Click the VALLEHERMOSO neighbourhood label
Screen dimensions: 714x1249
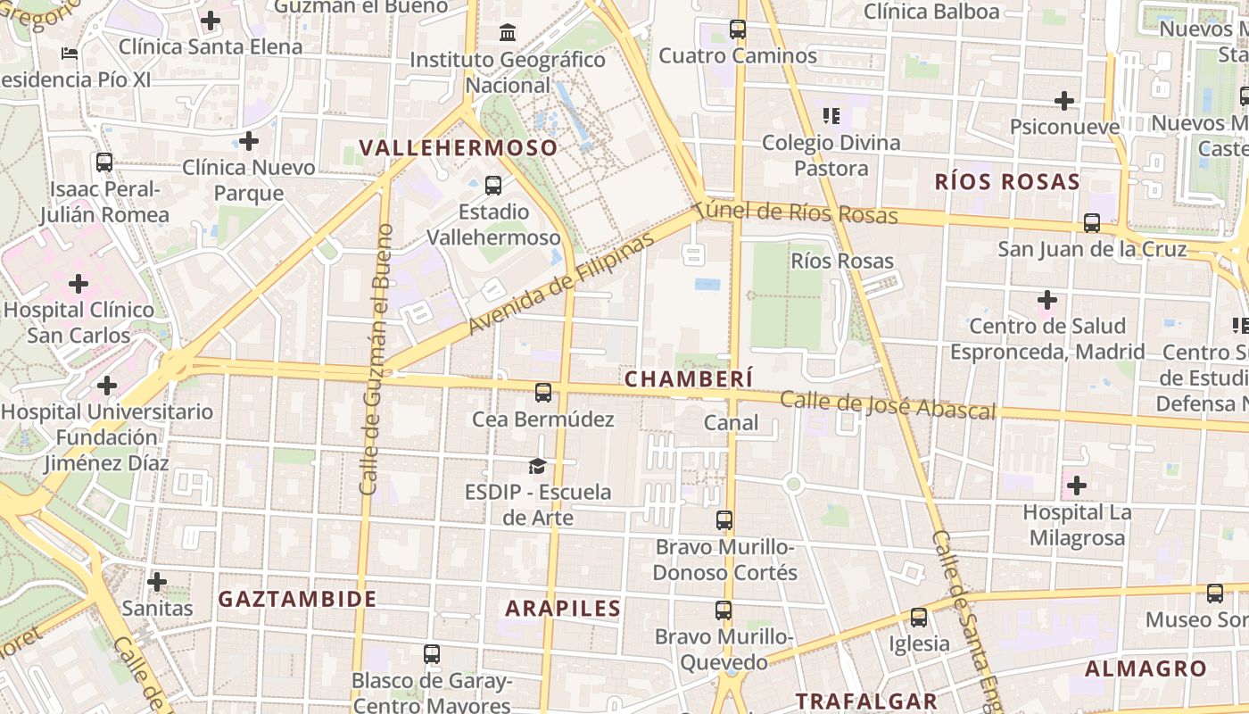pos(459,148)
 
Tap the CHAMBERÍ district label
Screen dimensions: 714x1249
pos(689,378)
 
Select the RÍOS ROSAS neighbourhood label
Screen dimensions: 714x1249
pos(1007,182)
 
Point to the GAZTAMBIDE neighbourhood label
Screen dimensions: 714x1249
pos(298,599)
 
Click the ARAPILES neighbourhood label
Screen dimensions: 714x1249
pos(563,609)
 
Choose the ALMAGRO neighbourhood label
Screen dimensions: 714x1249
pos(1146,668)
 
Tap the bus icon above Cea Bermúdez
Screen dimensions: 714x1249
pos(542,392)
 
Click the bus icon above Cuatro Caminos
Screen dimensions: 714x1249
pos(737,29)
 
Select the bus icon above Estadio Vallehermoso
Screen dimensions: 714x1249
pos(492,186)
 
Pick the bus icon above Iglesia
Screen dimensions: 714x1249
pos(918,617)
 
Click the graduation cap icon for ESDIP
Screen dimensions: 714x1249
pos(537,466)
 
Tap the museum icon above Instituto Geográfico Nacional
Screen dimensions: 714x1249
pos(508,33)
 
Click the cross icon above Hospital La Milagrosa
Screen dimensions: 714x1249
pos(1077,486)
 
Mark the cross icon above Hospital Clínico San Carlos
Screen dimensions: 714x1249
pos(79,285)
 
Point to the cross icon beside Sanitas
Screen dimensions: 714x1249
pos(157,582)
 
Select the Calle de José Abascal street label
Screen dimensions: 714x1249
pos(888,405)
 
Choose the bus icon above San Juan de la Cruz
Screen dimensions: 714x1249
pos(1091,223)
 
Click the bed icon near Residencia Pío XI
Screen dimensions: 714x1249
pos(70,54)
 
